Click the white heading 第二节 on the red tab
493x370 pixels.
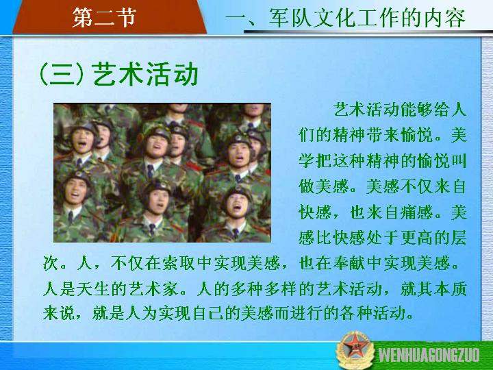pyautogui.click(x=104, y=16)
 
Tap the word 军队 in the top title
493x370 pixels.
pyautogui.click(x=290, y=18)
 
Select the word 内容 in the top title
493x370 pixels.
pyautogui.click(x=445, y=18)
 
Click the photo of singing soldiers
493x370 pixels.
pyautogui.click(x=162, y=173)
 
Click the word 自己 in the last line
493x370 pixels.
pyautogui.click(x=208, y=312)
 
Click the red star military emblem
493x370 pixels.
pyautogui.click(x=355, y=350)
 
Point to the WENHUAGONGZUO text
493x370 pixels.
pyautogui.click(x=429, y=355)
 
